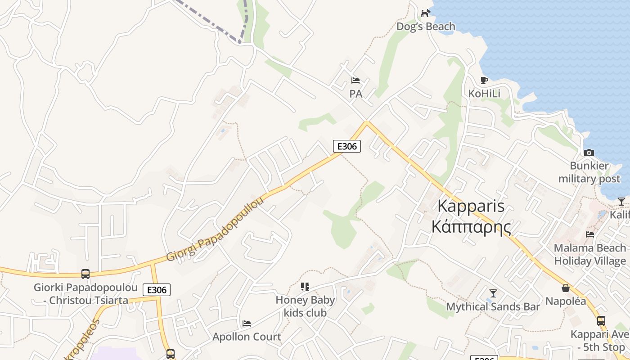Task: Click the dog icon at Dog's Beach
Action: [x=425, y=13]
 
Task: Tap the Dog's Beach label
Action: [x=426, y=27]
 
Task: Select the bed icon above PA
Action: [x=355, y=81]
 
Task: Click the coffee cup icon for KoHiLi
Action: [x=484, y=81]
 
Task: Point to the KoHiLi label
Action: [x=484, y=94]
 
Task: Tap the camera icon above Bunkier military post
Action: [x=589, y=153]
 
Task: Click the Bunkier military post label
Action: [x=589, y=172]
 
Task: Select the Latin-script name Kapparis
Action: [x=471, y=206]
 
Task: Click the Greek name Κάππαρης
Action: [x=471, y=226]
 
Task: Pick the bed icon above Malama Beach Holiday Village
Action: [x=590, y=234]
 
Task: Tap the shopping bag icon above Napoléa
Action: [x=566, y=288]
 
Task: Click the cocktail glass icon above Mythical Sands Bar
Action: [x=493, y=293]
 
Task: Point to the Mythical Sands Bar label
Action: [x=493, y=307]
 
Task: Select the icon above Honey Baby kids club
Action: [x=305, y=287]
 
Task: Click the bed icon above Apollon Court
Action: [x=247, y=324]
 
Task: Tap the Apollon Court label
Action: [x=247, y=337]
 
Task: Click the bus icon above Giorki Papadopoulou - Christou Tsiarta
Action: [x=85, y=274]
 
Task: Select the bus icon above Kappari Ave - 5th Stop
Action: [x=601, y=321]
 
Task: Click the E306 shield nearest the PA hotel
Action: [x=346, y=146]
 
